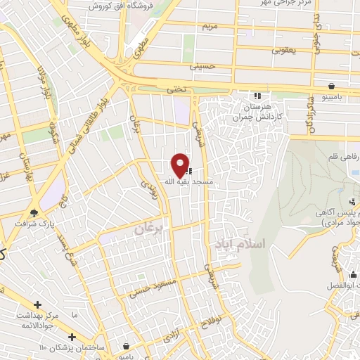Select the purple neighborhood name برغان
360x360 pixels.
149,229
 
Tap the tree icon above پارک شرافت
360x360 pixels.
34,212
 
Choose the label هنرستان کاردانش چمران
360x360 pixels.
257,110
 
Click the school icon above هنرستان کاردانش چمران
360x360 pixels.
257,95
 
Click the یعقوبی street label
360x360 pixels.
285,50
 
